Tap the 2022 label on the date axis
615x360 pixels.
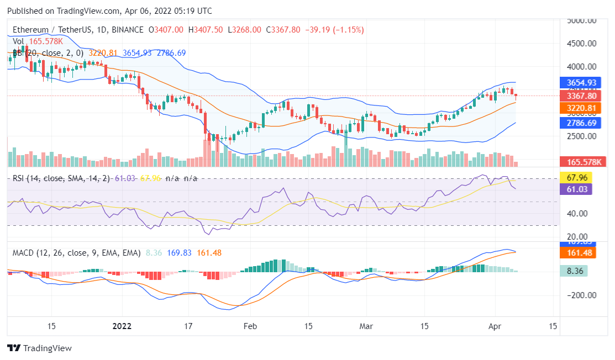point(123,326)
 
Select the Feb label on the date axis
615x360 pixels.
point(251,326)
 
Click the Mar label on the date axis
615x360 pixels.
point(366,326)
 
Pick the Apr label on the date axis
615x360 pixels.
point(495,326)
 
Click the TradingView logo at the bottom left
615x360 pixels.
point(40,348)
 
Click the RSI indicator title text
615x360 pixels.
point(61,178)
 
